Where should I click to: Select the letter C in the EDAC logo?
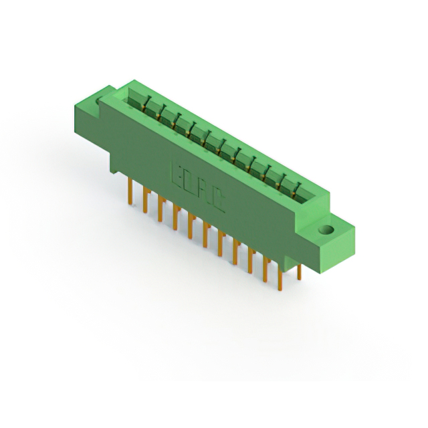219,201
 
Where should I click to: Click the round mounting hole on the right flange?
326,231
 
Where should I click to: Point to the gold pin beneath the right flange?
299,271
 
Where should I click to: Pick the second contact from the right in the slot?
285,177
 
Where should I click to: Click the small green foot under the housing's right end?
289,263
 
